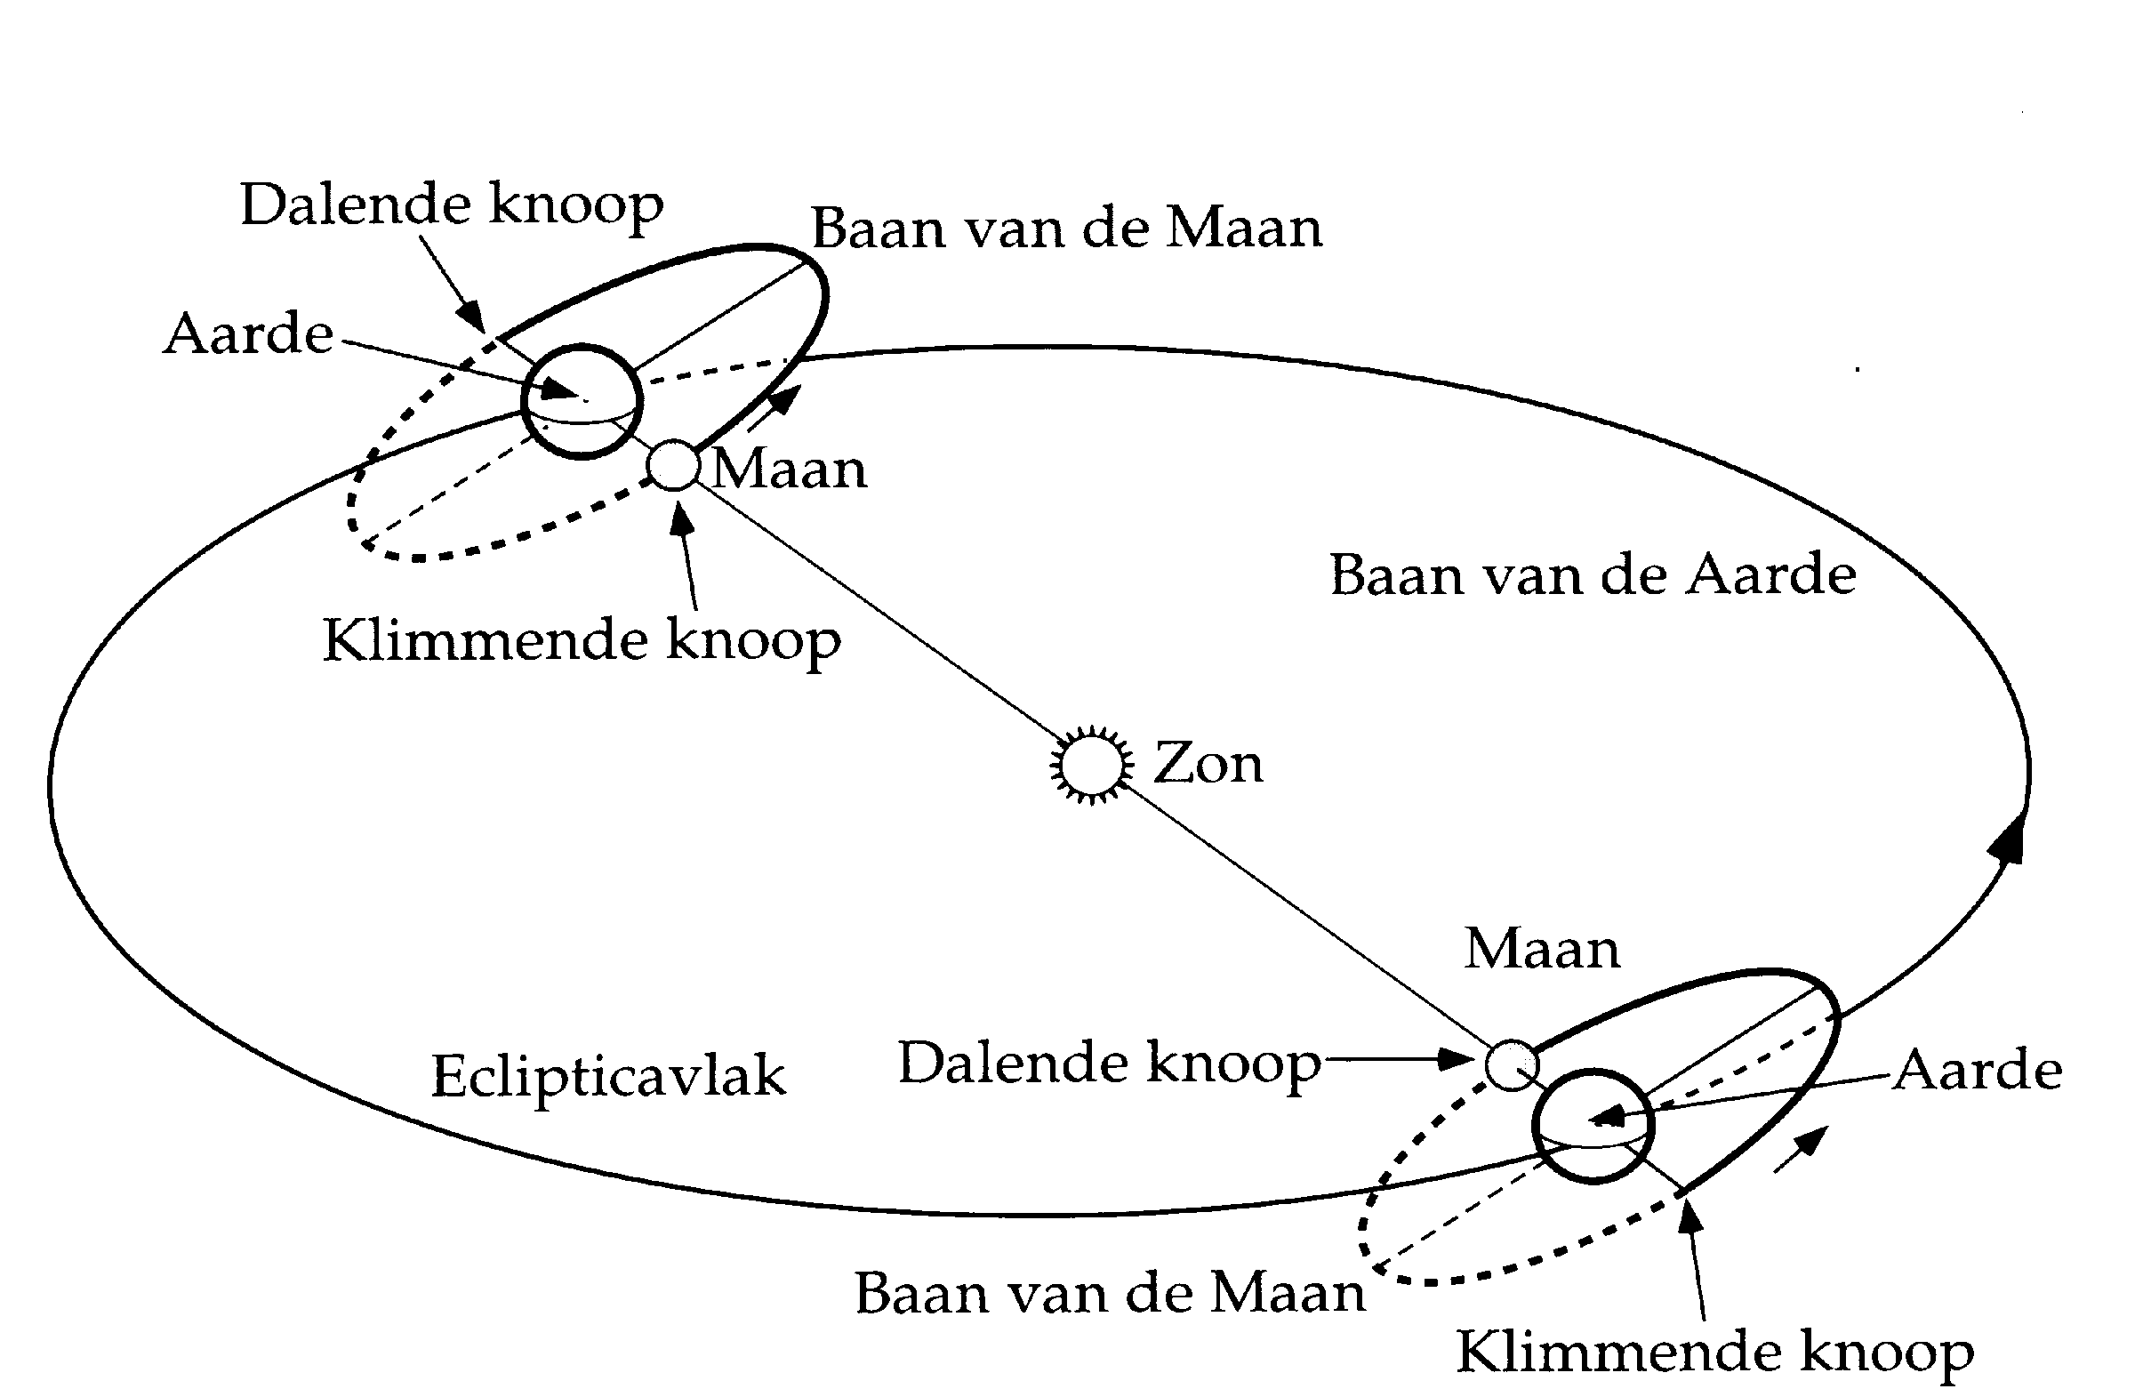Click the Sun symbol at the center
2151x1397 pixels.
tap(1091, 765)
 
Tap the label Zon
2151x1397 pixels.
tap(1208, 765)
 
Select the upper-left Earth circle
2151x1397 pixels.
tap(582, 400)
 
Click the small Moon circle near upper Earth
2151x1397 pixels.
tap(674, 465)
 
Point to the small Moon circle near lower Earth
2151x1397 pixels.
tap(1510, 1064)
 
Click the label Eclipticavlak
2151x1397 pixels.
tap(607, 1076)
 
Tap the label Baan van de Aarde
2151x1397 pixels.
tap(1593, 574)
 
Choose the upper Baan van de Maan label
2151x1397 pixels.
tap(1066, 228)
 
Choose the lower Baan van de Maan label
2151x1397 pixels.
tap(1110, 1293)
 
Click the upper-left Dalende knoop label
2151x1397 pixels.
tap(451, 205)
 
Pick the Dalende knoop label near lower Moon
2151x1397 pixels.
tap(1109, 1063)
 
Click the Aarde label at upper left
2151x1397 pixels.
tap(249, 334)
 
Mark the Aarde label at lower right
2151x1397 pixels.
tap(1978, 1071)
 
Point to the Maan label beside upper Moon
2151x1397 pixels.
tap(789, 470)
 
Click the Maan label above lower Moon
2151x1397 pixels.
tap(1542, 950)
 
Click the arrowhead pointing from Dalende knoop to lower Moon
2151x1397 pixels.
tap(1457, 1058)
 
